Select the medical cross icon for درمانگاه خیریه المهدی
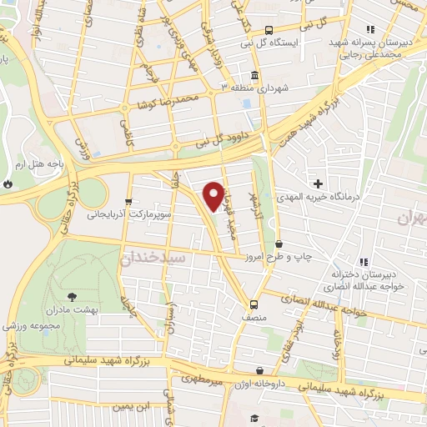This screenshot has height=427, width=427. pyautogui.click(x=317, y=183)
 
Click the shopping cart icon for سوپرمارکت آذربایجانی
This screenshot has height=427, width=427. pyautogui.click(x=128, y=201)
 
